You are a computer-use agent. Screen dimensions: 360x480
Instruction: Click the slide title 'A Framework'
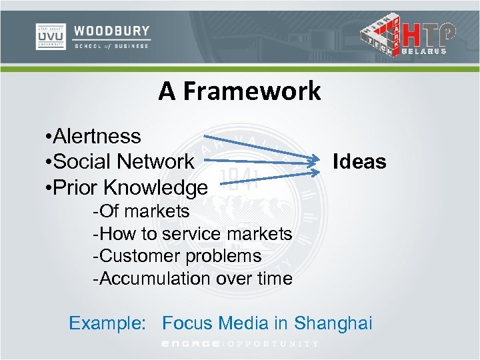tap(239, 91)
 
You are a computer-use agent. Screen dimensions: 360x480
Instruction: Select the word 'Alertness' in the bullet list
tap(97, 136)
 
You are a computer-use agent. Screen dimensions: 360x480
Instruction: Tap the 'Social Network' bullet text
tap(123, 161)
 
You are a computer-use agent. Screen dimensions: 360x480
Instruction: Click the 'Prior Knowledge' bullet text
tap(130, 187)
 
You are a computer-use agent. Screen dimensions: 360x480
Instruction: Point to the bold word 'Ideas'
tap(359, 161)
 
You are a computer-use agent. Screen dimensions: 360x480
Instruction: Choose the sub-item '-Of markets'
tap(141, 211)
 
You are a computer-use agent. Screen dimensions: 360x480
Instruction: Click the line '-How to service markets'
tap(193, 233)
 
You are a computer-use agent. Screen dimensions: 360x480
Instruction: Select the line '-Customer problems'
tap(177, 255)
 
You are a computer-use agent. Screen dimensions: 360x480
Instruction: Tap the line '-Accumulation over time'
tap(193, 277)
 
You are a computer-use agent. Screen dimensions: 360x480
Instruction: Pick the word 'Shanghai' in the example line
tap(333, 323)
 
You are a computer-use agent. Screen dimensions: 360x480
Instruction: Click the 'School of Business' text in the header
tap(111, 47)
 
